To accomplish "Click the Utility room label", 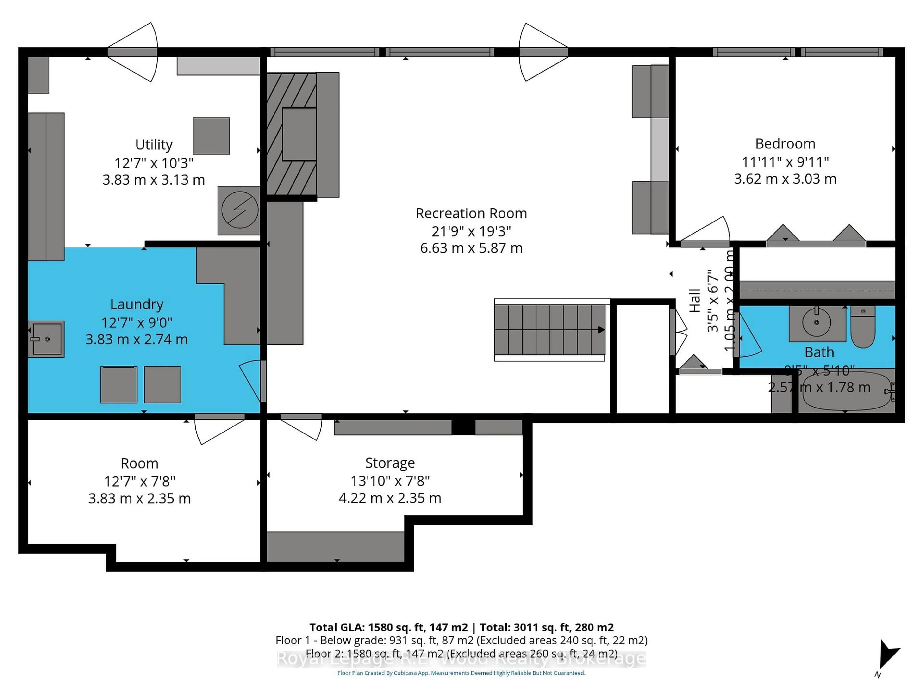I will pos(154,145).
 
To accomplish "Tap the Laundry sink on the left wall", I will pos(46,339).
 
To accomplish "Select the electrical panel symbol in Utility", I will pos(239,210).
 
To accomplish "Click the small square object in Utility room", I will pos(211,136).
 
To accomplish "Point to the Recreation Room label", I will pos(471,214).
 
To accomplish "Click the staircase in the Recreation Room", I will pos(549,329).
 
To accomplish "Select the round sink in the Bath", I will pos(816,322).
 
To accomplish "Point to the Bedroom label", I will pos(785,144).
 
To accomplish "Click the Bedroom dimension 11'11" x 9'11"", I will pos(785,162).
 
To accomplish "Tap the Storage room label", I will pos(390,463).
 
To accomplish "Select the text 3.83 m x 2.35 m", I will pos(139,499).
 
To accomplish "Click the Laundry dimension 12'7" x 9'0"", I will pos(137,322).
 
